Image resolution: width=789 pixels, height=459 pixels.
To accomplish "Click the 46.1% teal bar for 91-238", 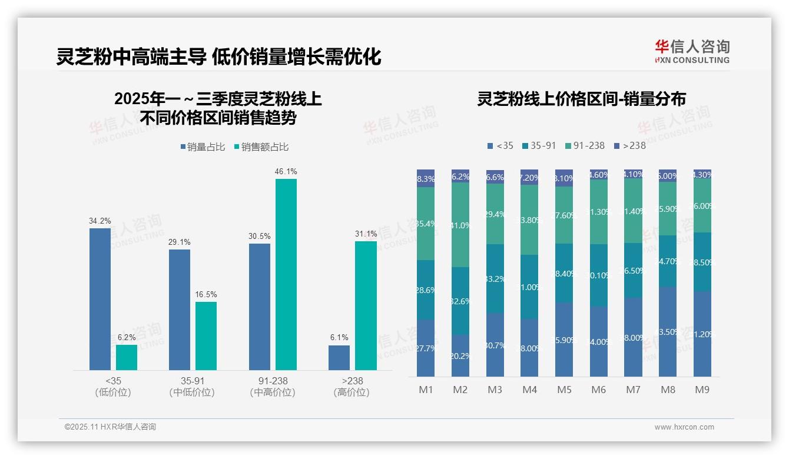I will pyautogui.click(x=286, y=274).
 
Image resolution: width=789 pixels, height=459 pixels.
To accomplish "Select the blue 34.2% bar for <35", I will pyautogui.click(x=100, y=299).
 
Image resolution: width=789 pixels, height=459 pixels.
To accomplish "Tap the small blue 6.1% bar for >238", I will pyautogui.click(x=339, y=358).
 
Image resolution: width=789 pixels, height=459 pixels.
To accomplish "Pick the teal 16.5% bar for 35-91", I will pyautogui.click(x=206, y=336).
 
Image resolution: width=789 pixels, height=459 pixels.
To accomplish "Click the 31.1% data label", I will pyautogui.click(x=366, y=234).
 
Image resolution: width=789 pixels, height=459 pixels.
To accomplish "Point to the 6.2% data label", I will pyautogui.click(x=127, y=338).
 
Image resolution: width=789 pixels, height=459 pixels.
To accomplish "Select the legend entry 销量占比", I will pyautogui.click(x=202, y=147).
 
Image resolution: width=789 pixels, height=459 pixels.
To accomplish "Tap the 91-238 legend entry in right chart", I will pyautogui.click(x=584, y=145).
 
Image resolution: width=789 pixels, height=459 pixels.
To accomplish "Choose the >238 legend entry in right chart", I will pyautogui.click(x=629, y=145).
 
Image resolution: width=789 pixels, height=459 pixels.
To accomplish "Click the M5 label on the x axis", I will pyautogui.click(x=563, y=390).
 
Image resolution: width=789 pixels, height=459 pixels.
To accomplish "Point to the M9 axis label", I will pyautogui.click(x=702, y=390).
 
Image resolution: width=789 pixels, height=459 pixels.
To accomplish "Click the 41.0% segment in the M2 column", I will pyautogui.click(x=460, y=225).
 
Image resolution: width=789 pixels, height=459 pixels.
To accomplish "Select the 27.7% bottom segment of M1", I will pyautogui.click(x=426, y=348).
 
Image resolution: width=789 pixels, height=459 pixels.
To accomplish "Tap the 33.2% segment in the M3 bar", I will pyautogui.click(x=495, y=278).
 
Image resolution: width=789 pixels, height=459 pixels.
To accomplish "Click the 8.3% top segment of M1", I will pyautogui.click(x=426, y=178).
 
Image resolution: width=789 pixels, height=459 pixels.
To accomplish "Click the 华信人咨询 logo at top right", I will pyautogui.click(x=692, y=51).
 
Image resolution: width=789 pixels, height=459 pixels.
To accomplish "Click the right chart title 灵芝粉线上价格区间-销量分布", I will pyautogui.click(x=581, y=99).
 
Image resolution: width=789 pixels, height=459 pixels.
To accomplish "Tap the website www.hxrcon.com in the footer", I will pyautogui.click(x=684, y=427).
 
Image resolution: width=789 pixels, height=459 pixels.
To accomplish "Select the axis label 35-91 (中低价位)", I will pyautogui.click(x=192, y=387).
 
